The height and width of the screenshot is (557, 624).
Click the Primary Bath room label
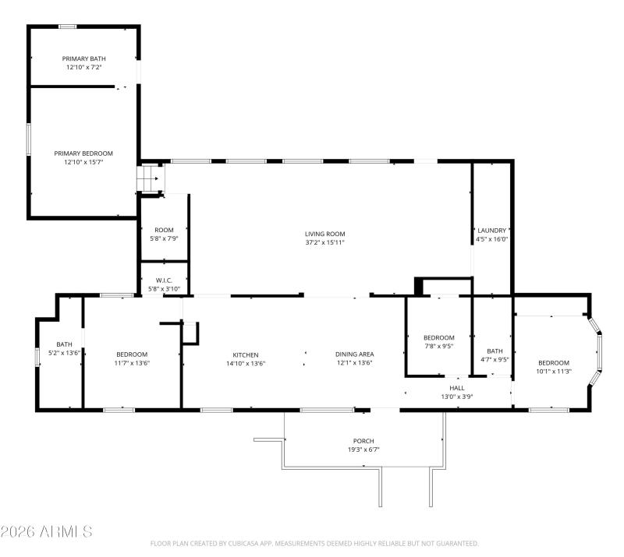(x=84, y=58)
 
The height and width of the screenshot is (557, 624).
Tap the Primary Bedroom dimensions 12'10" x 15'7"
(x=83, y=162)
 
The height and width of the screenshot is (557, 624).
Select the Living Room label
(x=324, y=234)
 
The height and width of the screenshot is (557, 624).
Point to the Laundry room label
(x=492, y=231)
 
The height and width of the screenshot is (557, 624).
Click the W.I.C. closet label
(x=164, y=280)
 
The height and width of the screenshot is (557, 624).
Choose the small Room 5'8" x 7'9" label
(x=164, y=230)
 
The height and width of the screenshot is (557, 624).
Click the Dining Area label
(x=354, y=354)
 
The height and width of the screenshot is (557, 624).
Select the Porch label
(x=363, y=441)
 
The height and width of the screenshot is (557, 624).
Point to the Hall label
(x=456, y=387)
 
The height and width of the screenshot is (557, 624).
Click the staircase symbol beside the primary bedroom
(x=151, y=178)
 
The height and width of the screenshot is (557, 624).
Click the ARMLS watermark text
(x=47, y=532)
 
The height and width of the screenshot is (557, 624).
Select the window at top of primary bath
(x=68, y=27)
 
